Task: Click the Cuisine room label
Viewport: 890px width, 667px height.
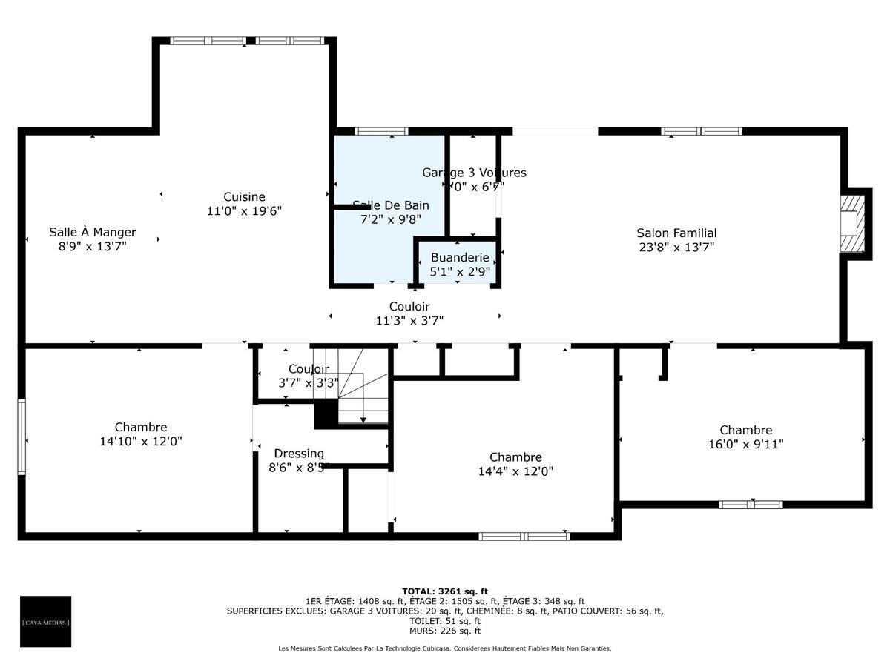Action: tap(244, 197)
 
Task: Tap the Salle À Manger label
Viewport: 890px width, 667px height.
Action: tap(93, 233)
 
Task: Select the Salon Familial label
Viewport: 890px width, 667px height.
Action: tap(676, 233)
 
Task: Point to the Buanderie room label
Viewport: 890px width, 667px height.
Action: tap(460, 258)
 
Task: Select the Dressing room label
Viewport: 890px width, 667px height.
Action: tap(299, 454)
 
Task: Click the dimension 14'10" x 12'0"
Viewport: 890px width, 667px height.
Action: tap(141, 441)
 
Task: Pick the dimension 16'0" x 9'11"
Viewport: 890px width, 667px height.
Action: tap(745, 444)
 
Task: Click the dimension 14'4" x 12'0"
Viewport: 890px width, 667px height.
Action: tap(515, 471)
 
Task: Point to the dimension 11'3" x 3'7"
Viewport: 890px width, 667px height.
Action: tap(409, 320)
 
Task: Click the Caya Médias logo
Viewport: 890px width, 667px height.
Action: tap(46, 622)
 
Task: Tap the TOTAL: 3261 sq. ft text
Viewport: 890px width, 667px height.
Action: tap(445, 591)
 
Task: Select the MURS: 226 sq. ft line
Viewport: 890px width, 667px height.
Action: tap(445, 631)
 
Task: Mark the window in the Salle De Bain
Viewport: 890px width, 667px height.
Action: tap(381, 131)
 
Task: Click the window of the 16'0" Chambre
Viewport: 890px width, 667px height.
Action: tap(751, 505)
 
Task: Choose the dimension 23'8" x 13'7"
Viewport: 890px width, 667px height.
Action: tap(676, 248)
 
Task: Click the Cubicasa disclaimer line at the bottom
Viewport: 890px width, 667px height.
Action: tap(445, 648)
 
